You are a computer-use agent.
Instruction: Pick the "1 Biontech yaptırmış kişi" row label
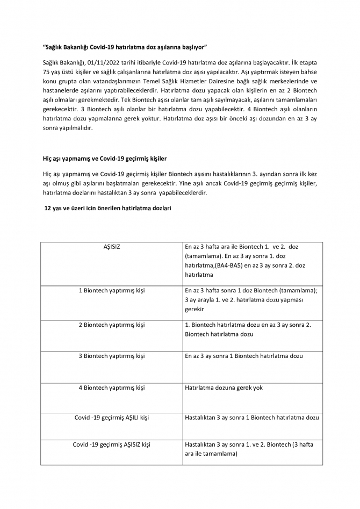pyautogui.click(x=112, y=291)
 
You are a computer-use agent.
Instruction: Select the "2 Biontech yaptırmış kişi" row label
pyautogui.click(x=112, y=325)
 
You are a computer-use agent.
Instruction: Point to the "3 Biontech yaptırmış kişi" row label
pyautogui.click(x=112, y=356)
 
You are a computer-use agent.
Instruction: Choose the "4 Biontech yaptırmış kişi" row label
pyautogui.click(x=112, y=388)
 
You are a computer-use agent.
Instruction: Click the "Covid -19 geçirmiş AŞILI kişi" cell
pyautogui.click(x=112, y=418)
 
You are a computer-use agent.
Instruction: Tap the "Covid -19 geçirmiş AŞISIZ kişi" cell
pyautogui.click(x=112, y=445)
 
